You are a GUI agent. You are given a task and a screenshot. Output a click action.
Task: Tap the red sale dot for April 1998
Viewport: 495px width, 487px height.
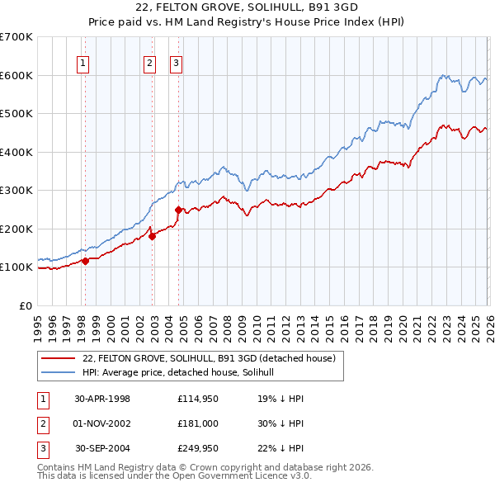(x=85, y=262)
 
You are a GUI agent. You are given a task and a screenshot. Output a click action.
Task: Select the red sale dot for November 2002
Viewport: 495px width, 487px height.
(x=152, y=236)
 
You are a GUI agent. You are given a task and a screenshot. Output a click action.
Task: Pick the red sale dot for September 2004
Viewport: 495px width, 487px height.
(x=179, y=210)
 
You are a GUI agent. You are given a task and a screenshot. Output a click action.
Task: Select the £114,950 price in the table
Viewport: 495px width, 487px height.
(x=196, y=398)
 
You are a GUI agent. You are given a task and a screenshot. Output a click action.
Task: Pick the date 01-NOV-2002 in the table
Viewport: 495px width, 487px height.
(x=102, y=424)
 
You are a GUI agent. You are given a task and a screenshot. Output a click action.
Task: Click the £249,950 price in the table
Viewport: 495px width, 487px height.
(x=196, y=450)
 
